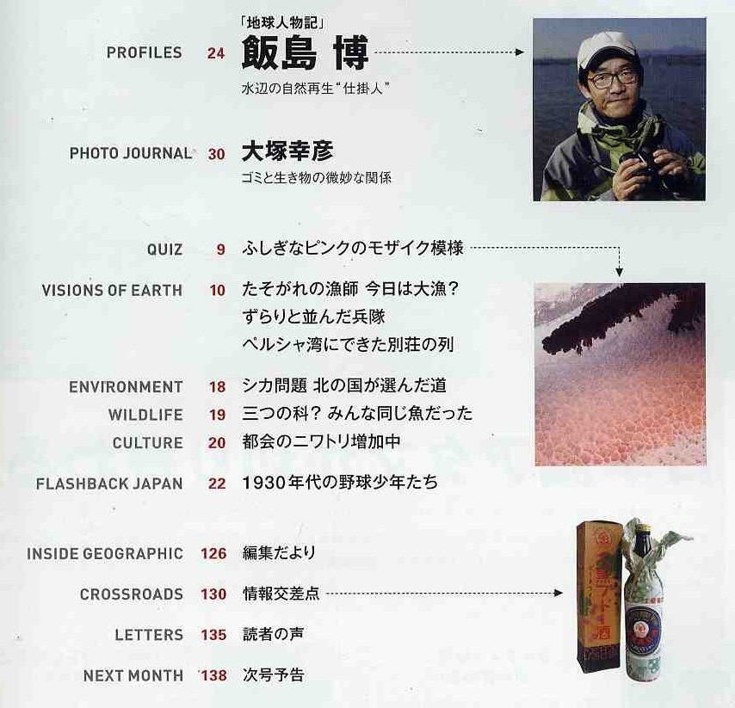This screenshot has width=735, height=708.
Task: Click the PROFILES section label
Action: pyautogui.click(x=144, y=52)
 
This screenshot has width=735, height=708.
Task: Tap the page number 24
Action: pyautogui.click(x=215, y=53)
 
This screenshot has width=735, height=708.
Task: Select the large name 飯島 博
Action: pyautogui.click(x=305, y=52)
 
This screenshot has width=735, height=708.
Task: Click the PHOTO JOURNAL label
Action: pyautogui.click(x=130, y=154)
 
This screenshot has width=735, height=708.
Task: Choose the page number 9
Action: pyautogui.click(x=220, y=250)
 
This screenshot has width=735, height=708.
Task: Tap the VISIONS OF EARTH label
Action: pyautogui.click(x=112, y=290)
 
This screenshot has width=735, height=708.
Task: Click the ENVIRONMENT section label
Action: pyautogui.click(x=126, y=387)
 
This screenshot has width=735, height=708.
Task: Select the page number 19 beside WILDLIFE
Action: pyautogui.click(x=217, y=416)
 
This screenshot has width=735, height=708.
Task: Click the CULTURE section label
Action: pyautogui.click(x=147, y=443)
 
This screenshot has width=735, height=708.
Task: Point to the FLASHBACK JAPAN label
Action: pyautogui.click(x=109, y=483)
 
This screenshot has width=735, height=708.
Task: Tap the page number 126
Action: pyautogui.click(x=213, y=554)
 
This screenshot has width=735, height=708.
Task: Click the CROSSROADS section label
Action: pyautogui.click(x=131, y=594)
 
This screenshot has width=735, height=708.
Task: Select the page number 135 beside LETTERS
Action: pyautogui.click(x=213, y=636)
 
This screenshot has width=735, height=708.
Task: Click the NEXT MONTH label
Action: pyautogui.click(x=133, y=676)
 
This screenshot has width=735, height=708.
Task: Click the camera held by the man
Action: pyautogui.click(x=637, y=163)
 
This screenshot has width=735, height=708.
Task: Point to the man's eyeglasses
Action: pyautogui.click(x=614, y=78)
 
